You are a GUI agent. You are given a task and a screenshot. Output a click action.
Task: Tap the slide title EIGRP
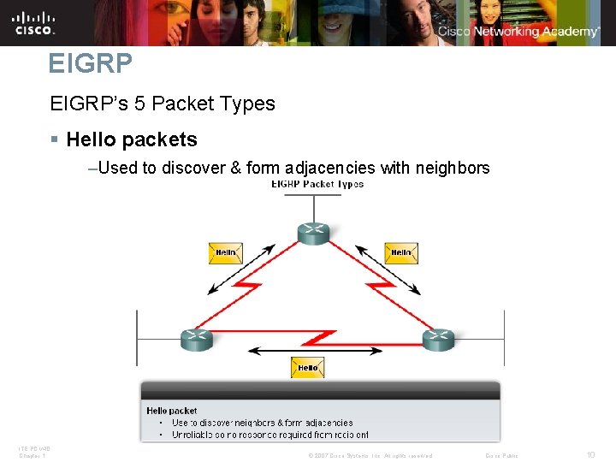click(x=90, y=63)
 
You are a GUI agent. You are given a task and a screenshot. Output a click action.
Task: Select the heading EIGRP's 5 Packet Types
click(x=163, y=104)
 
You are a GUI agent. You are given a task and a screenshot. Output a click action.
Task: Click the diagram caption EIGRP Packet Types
click(x=317, y=184)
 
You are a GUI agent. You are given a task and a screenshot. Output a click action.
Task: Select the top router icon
click(x=313, y=233)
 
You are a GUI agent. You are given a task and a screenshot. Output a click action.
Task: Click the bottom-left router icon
click(x=196, y=339)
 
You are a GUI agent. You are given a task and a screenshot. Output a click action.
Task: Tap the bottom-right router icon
click(x=438, y=339)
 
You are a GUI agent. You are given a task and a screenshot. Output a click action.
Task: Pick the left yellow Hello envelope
click(x=226, y=253)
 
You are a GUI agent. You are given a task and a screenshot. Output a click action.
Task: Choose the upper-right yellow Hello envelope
click(x=400, y=253)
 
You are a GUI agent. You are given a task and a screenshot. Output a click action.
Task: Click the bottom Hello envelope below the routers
click(x=308, y=367)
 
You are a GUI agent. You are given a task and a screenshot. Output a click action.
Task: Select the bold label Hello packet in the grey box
click(x=171, y=411)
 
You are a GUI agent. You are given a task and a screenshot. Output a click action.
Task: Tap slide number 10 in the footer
click(x=590, y=455)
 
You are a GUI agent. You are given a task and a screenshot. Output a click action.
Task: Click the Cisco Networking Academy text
click(x=518, y=32)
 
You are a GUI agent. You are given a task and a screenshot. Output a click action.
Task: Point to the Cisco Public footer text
click(x=501, y=456)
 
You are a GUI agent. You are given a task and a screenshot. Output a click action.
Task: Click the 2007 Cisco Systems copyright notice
click(x=370, y=456)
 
